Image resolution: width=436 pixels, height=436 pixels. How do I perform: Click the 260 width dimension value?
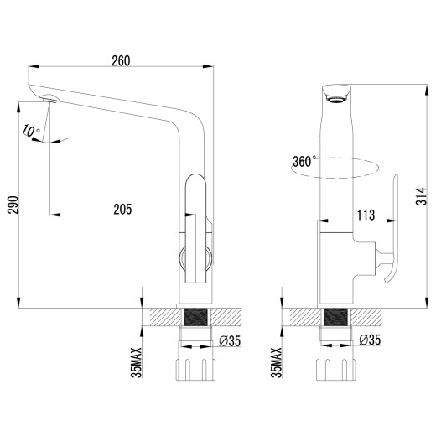click(121, 61)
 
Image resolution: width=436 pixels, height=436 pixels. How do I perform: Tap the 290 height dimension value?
click(13, 205)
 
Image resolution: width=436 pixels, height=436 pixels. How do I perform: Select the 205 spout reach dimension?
click(122, 209)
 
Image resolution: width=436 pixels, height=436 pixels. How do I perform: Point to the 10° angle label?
click(31, 131)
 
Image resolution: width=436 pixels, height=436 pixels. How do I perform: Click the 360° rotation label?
click(304, 161)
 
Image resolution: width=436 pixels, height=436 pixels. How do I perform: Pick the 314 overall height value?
click(422, 196)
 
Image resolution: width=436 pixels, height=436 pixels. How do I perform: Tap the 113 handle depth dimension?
click(366, 215)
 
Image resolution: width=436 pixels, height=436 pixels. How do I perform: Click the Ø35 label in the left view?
click(230, 340)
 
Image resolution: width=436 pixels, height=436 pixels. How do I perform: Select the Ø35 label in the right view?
click(370, 340)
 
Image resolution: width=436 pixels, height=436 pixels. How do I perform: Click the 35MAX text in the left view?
click(137, 362)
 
